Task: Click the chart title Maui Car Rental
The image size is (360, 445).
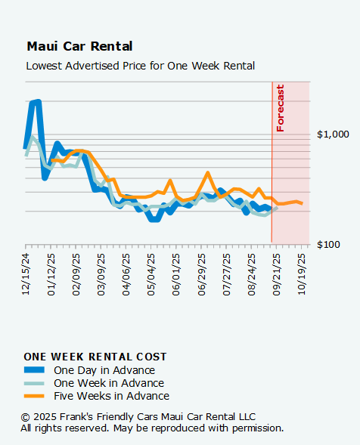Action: coord(79,47)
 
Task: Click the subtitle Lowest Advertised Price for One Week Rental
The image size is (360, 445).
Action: coord(140,66)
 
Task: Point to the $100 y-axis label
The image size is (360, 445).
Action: coord(336,245)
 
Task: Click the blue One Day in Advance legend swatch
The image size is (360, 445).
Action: coord(35,370)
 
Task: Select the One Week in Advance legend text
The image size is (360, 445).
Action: coord(109,383)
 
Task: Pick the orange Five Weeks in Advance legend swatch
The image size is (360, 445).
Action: coord(35,396)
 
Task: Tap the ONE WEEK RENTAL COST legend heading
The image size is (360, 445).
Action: coord(95,357)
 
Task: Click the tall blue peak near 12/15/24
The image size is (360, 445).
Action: coord(35,101)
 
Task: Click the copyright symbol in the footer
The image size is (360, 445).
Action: coord(25,417)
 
